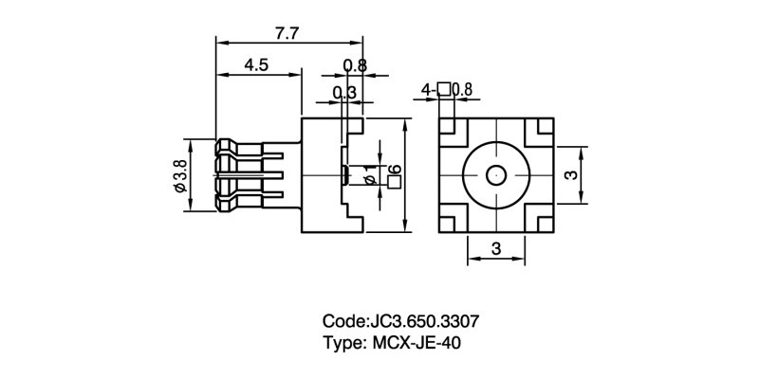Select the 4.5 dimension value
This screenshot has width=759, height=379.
[257, 65]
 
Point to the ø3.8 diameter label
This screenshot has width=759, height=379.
[179, 176]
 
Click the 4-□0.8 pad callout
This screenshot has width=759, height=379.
[447, 90]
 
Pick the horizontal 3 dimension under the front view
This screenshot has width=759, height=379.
[496, 249]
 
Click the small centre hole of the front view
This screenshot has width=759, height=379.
[496, 175]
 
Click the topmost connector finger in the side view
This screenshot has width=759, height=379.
[242, 149]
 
